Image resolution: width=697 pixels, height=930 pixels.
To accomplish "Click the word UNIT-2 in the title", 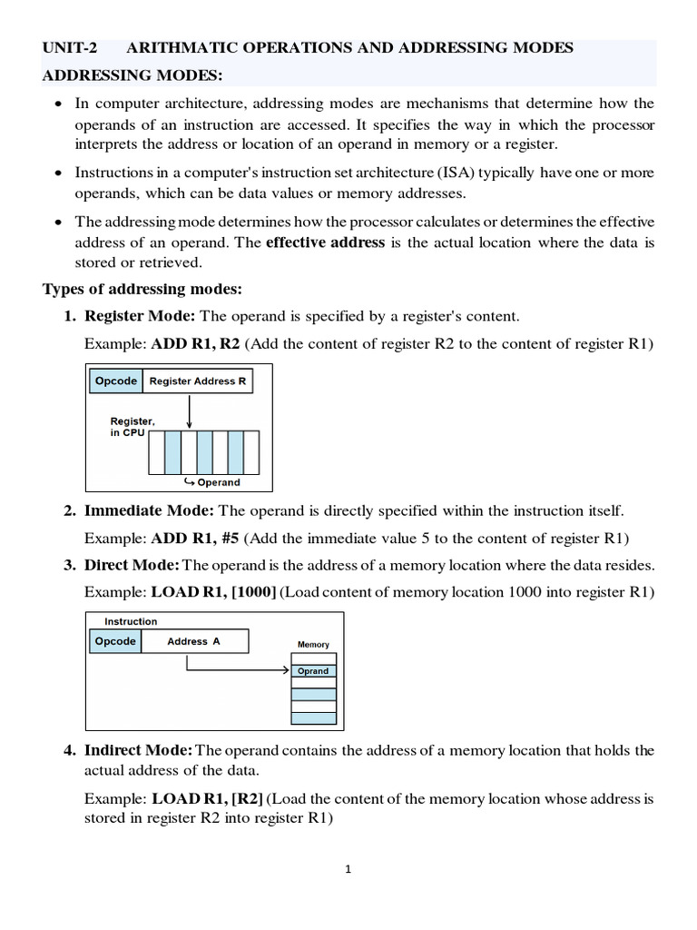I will [x=70, y=48].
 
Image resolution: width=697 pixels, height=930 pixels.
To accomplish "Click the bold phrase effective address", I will [x=326, y=242].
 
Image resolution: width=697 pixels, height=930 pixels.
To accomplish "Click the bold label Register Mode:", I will [x=140, y=316].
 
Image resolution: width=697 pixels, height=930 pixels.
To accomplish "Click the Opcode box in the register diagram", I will [x=116, y=381].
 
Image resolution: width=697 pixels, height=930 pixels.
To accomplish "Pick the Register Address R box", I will [x=197, y=381].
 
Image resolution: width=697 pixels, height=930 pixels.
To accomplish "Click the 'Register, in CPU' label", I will [x=133, y=427].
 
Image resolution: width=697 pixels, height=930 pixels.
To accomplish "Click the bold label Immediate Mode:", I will [x=150, y=511].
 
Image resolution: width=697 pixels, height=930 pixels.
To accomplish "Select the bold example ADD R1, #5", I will [x=196, y=537].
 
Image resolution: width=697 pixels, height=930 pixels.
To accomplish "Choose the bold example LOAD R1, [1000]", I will [x=214, y=592].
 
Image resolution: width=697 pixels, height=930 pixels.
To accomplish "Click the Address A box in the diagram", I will [x=193, y=641].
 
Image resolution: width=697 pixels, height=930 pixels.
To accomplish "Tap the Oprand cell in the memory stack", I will [x=313, y=671].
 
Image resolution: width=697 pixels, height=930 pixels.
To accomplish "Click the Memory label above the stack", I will [x=313, y=645].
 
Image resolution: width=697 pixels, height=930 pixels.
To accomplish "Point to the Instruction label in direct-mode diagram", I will [x=131, y=622].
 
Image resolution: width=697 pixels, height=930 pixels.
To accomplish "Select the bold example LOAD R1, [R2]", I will [x=208, y=799].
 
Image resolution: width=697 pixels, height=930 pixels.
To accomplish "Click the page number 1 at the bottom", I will [x=348, y=869].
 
